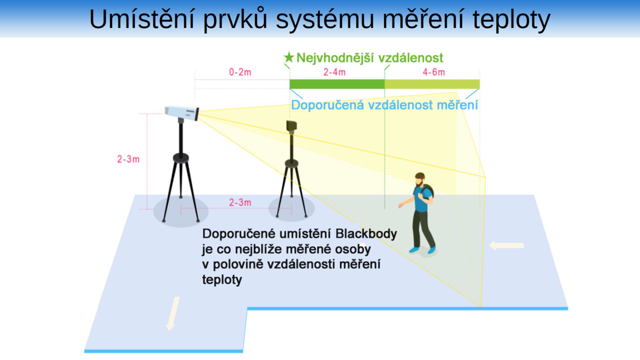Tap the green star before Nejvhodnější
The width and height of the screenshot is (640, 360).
pyautogui.click(x=289, y=57)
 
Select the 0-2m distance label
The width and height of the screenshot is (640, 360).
pyautogui.click(x=240, y=72)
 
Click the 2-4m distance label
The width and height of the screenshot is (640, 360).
pyautogui.click(x=334, y=72)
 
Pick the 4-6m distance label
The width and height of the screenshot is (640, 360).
pyautogui.click(x=434, y=72)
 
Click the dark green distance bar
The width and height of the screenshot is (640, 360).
pyautogui.click(x=337, y=84)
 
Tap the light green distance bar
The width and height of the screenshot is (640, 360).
pyautogui.click(x=432, y=84)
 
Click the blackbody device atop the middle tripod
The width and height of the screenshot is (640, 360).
pyautogui.click(x=291, y=125)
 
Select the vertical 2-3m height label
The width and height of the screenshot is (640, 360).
pyautogui.click(x=129, y=159)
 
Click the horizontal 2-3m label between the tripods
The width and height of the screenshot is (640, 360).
pyautogui.click(x=240, y=203)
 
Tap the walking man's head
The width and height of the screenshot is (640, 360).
pyautogui.click(x=420, y=179)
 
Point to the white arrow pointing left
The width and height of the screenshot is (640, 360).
pyautogui.click(x=507, y=245)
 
